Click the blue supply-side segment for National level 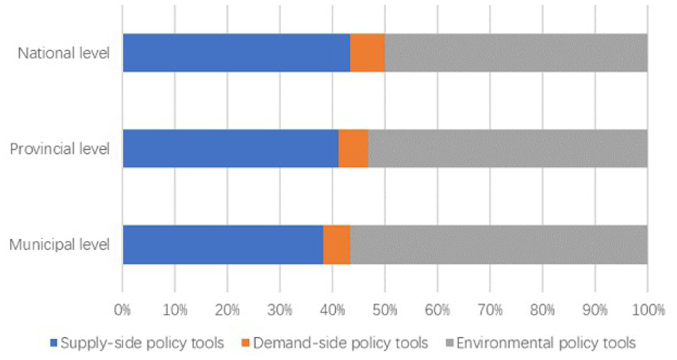pyautogui.click(x=236, y=53)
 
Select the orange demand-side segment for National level pyautogui.click(x=367, y=53)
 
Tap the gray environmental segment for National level pyautogui.click(x=516, y=53)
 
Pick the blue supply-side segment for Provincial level pyautogui.click(x=230, y=148)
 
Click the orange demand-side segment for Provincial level pyautogui.click(x=353, y=148)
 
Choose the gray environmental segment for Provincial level pyautogui.click(x=507, y=148)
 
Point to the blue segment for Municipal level pyautogui.click(x=223, y=244)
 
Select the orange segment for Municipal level pyautogui.click(x=336, y=244)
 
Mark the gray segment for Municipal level pyautogui.click(x=498, y=244)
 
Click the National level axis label pyautogui.click(x=64, y=53)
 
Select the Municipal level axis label pyautogui.click(x=59, y=245)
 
